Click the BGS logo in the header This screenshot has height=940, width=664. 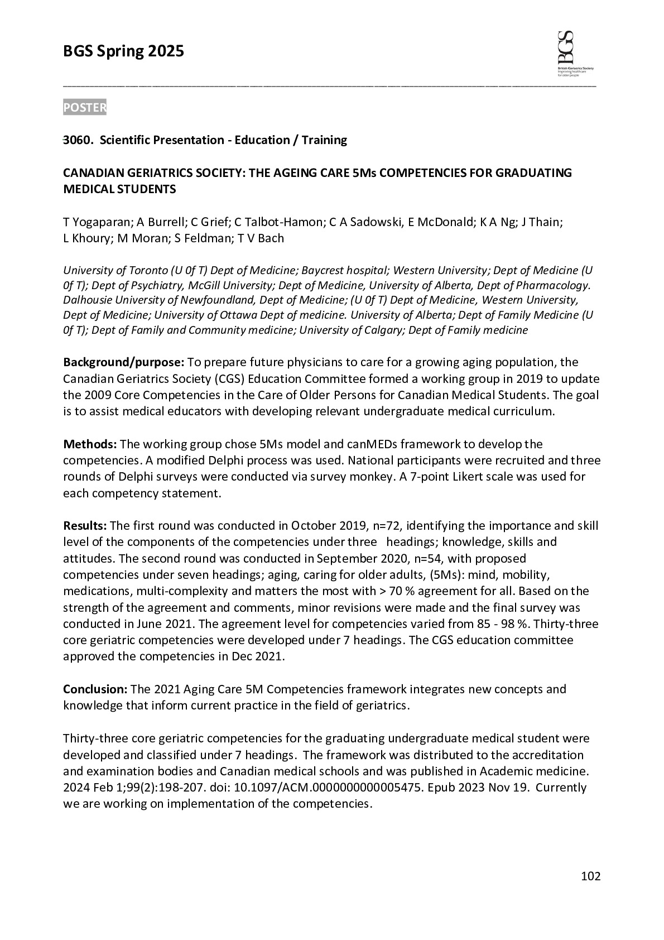point(574,54)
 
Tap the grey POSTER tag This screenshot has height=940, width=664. point(84,108)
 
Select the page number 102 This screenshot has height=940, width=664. point(590,876)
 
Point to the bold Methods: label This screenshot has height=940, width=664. point(89,444)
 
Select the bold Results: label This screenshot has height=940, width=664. point(85,526)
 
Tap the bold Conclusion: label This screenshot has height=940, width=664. point(95,689)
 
